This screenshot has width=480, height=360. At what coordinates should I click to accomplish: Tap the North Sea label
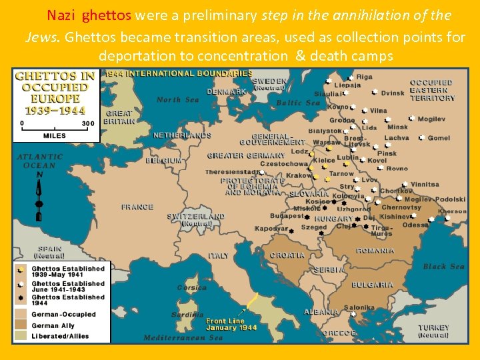(x=177, y=100)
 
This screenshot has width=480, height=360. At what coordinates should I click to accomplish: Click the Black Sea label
(x=443, y=267)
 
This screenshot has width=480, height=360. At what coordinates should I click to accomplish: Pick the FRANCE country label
(x=137, y=207)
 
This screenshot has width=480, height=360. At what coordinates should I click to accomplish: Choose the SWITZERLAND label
(x=196, y=217)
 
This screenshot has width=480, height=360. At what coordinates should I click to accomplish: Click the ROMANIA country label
(x=375, y=251)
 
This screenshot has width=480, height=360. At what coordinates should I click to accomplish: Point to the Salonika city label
(x=359, y=308)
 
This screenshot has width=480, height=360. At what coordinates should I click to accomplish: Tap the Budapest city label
(x=287, y=216)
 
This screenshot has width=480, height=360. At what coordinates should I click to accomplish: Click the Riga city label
(x=364, y=77)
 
